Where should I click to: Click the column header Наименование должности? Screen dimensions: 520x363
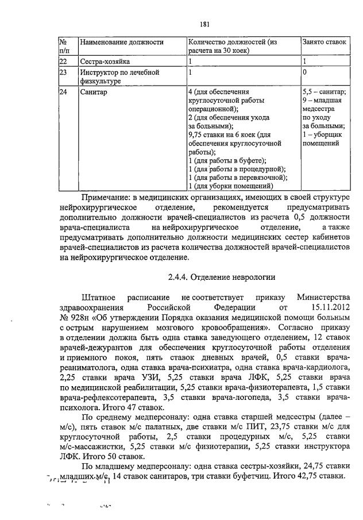pyautogui.click(x=121, y=42)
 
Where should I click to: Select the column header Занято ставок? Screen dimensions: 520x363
pyautogui.click(x=324, y=42)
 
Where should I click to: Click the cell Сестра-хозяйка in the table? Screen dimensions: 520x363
pyautogui.click(x=105, y=61)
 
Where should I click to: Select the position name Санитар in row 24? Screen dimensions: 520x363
pyautogui.click(x=93, y=92)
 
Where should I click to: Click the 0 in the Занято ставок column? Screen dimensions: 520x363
pyautogui.click(x=304, y=73)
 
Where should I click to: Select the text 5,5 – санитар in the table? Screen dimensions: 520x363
pyautogui.click(x=324, y=92)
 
